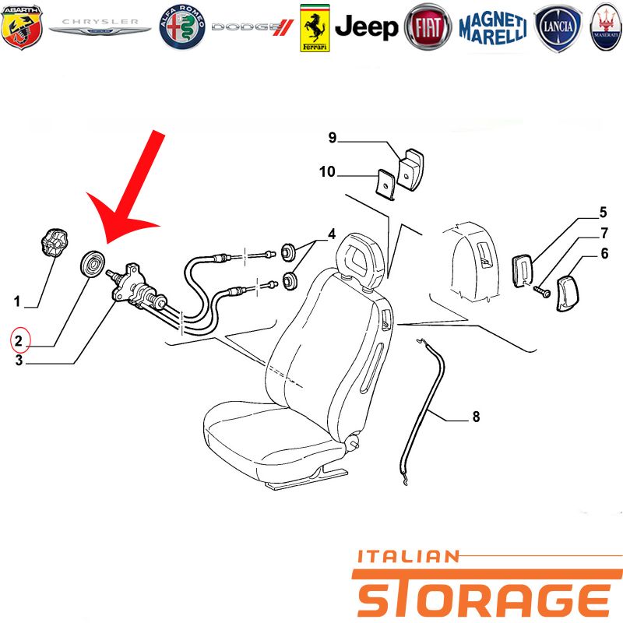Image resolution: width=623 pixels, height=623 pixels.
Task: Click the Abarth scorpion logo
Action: [x=22, y=27]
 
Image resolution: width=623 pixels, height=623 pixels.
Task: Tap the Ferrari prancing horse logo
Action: [x=315, y=28]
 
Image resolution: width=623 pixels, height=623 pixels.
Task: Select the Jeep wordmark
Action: [x=366, y=27]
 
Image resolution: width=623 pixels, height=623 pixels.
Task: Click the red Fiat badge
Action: [x=428, y=27]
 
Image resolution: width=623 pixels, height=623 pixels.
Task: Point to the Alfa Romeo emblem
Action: [x=182, y=27]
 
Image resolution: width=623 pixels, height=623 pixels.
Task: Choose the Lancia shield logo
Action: [x=558, y=27]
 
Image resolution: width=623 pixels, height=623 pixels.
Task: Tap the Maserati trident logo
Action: [x=606, y=27]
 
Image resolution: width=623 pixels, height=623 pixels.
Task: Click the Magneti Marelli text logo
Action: [x=493, y=28]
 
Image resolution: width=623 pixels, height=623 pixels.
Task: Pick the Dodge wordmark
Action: [x=252, y=27]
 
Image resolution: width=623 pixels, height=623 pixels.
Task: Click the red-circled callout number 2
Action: [x=19, y=340]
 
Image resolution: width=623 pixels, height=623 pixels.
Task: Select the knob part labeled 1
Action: [x=54, y=242]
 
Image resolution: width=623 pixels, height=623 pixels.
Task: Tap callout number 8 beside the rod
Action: [x=476, y=417]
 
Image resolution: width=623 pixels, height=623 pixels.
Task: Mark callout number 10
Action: [x=327, y=172]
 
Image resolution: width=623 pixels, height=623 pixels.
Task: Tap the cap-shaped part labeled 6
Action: [x=568, y=294]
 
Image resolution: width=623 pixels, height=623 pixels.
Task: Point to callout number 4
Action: [x=332, y=234]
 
